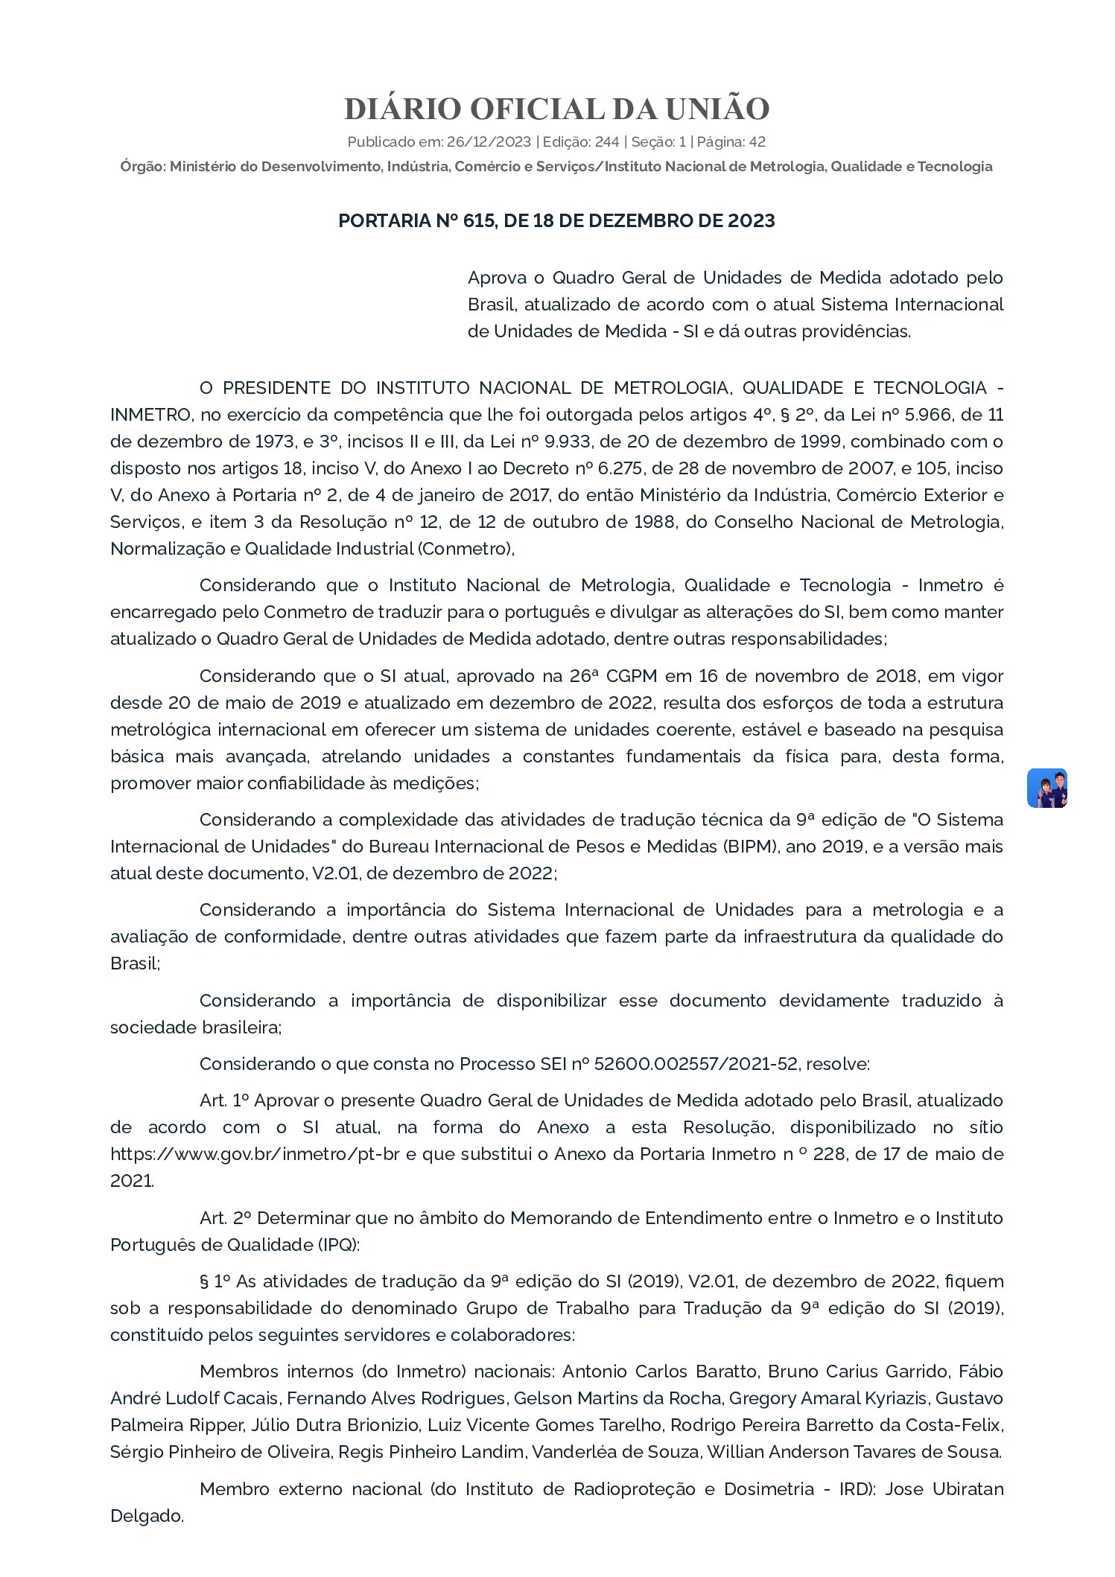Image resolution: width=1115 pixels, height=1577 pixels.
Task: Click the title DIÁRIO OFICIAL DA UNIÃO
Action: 556,109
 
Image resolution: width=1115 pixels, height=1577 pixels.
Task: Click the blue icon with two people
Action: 1046,788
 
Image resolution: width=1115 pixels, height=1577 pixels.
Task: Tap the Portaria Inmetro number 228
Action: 837,1154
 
